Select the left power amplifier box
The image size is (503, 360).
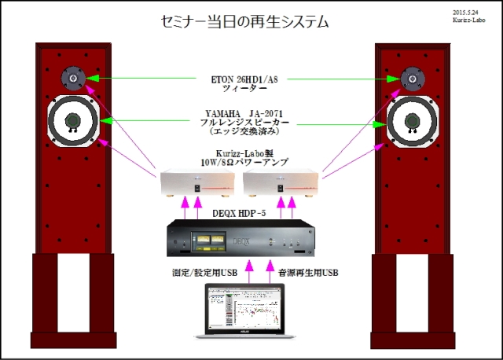pos(197,184)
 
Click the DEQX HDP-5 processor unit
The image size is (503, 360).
pos(244,240)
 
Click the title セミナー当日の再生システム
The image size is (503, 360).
pos(243,22)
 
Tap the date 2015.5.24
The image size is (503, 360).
pos(469,13)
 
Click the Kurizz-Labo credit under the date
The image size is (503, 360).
pos(469,22)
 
